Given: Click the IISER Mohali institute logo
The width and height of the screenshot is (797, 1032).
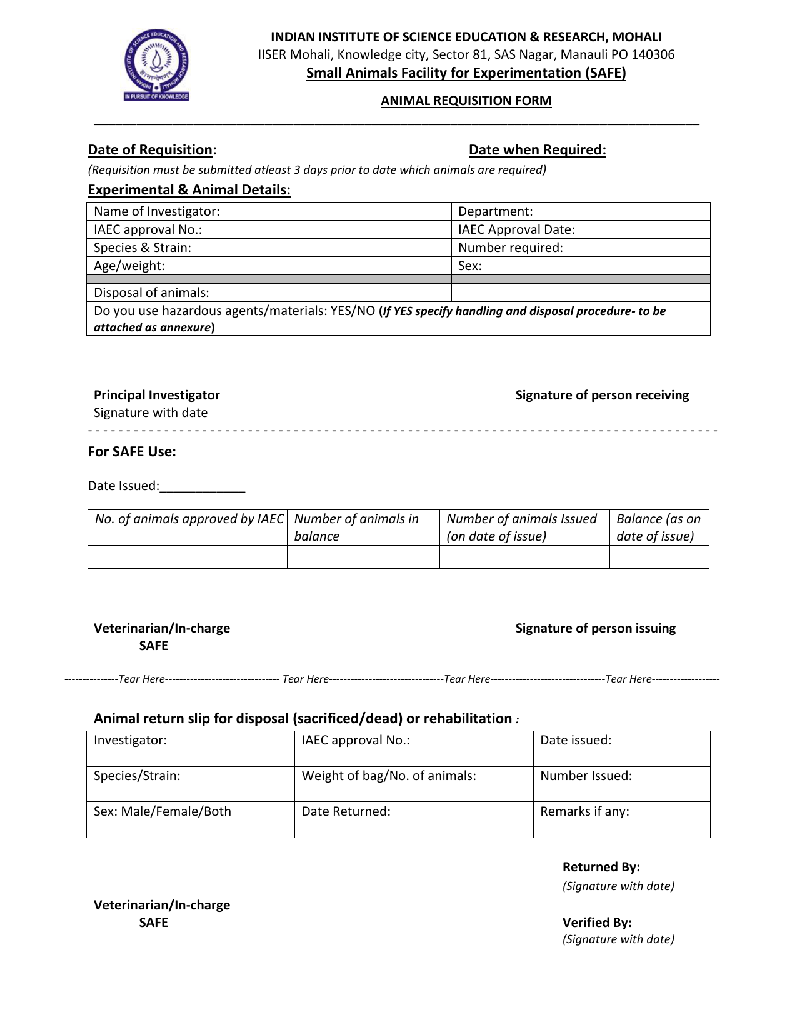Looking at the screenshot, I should click(x=156, y=66).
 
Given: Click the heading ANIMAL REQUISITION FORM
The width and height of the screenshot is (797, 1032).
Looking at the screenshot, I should click(x=466, y=101).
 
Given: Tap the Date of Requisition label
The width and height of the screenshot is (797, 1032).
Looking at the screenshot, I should click(x=152, y=150).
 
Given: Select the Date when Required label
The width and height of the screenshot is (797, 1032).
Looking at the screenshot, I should click(x=537, y=150).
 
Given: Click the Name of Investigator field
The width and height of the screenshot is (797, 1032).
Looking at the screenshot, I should click(x=269, y=211).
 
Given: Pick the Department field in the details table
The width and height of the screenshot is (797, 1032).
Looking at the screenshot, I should click(x=581, y=211).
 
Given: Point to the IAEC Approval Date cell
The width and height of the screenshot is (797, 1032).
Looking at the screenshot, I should click(x=581, y=229).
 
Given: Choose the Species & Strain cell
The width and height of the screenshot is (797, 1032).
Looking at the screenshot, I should click(x=269, y=248).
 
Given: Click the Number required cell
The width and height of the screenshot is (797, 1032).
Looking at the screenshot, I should click(x=581, y=248).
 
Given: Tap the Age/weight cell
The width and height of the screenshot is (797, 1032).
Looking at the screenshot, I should click(x=269, y=266).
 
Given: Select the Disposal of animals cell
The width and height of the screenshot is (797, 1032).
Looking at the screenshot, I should click(x=269, y=293).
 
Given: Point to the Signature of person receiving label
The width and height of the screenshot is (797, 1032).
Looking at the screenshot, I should click(x=602, y=395).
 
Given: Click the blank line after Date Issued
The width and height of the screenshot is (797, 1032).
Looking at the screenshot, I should click(x=203, y=486).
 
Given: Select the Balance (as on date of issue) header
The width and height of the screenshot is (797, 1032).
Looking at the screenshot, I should click(x=659, y=528).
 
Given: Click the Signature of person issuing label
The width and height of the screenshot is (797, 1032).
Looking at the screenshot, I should click(x=595, y=628).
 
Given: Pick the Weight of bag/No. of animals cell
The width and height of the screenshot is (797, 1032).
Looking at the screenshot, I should click(x=413, y=784).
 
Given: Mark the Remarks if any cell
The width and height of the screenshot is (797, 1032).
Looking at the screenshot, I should click(x=621, y=819).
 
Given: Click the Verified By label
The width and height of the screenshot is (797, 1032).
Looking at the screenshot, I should click(x=597, y=923).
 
